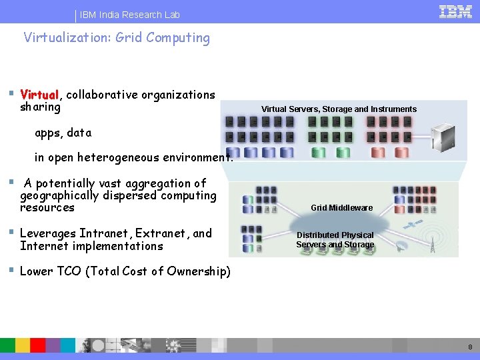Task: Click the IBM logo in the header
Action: click(x=456, y=11)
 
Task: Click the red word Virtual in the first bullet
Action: click(x=40, y=95)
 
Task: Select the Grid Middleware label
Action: click(x=341, y=208)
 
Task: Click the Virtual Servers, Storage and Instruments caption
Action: click(x=339, y=109)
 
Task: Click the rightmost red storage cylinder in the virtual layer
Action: click(x=401, y=152)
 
